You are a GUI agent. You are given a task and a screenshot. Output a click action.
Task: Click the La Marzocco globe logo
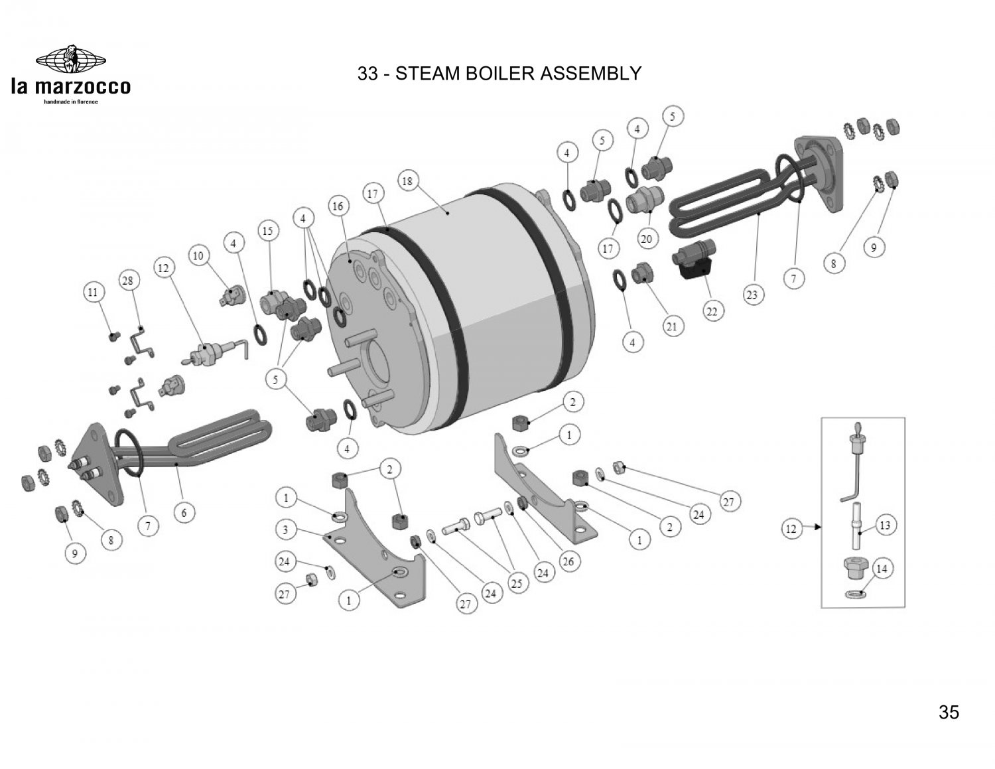[71, 60]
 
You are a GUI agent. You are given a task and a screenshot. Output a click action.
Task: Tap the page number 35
[949, 713]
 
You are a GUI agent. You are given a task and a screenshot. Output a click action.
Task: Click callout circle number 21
[672, 326]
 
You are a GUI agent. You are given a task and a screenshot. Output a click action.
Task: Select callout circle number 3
[285, 530]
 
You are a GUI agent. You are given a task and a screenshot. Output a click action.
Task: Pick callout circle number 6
[184, 512]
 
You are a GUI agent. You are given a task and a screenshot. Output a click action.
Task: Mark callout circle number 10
[198, 255]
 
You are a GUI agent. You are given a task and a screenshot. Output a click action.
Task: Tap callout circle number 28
[128, 281]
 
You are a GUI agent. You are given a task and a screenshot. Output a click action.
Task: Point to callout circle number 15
[267, 232]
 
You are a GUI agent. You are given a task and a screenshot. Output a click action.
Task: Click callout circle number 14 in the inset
[882, 569]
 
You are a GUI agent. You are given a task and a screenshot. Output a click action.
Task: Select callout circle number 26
[568, 561]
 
